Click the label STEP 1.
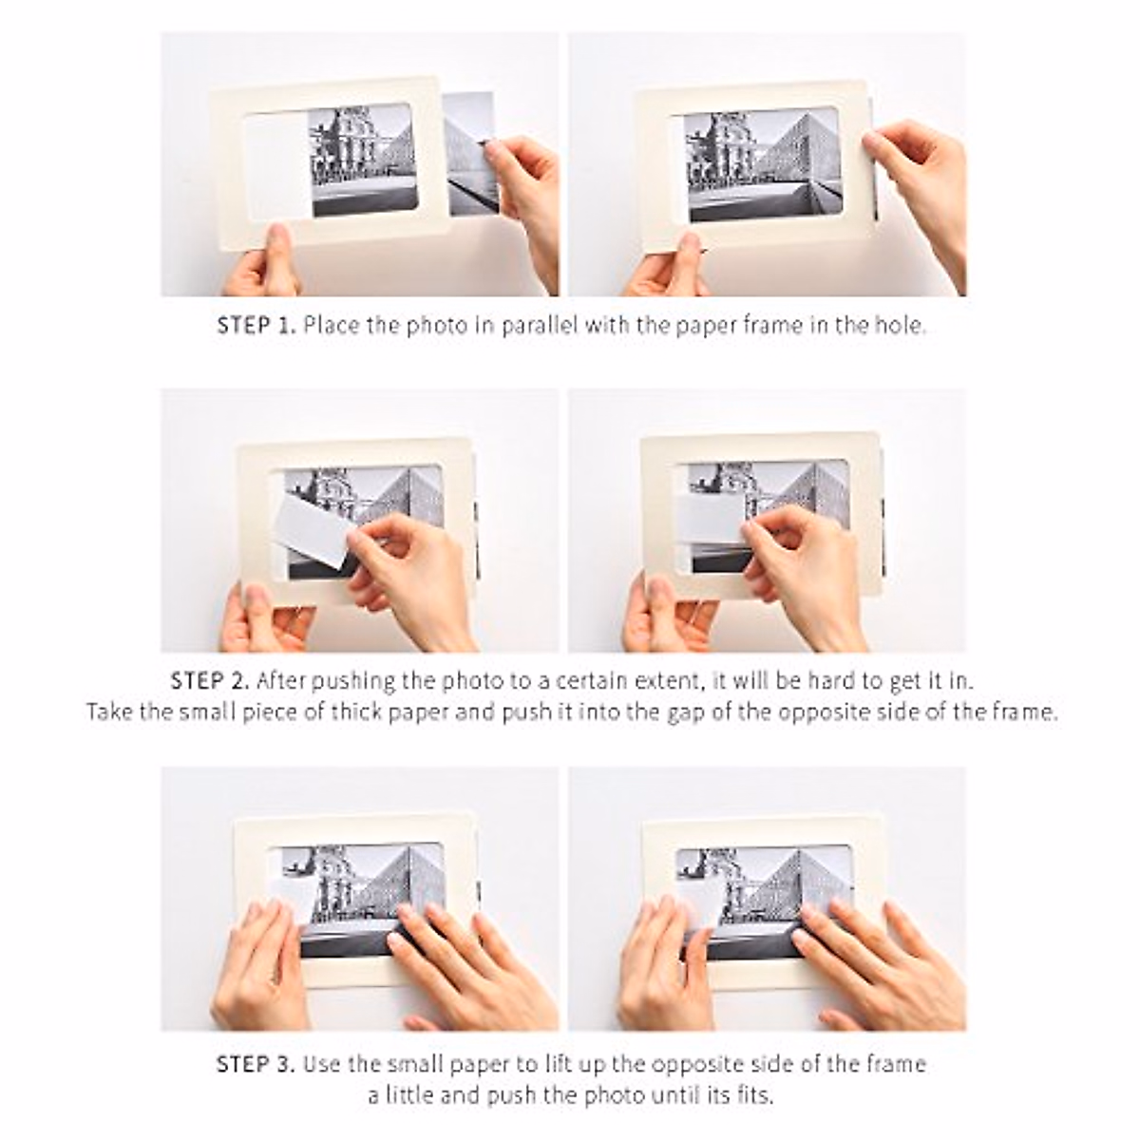click(x=256, y=326)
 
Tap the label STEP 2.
click(x=210, y=681)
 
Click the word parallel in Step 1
click(x=541, y=326)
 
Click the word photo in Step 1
click(x=437, y=326)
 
